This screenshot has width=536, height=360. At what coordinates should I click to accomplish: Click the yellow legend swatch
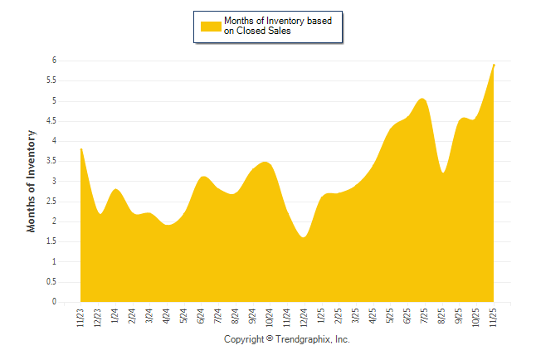point(211,26)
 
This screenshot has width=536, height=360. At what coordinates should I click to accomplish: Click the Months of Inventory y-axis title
point(32,180)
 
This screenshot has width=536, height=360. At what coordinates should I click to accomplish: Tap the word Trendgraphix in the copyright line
point(304,340)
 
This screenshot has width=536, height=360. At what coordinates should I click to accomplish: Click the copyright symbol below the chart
point(270,340)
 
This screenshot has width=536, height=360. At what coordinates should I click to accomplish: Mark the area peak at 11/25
point(495,65)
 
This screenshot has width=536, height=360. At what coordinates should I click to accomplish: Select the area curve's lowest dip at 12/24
point(305,237)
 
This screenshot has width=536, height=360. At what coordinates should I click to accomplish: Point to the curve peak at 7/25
point(423,99)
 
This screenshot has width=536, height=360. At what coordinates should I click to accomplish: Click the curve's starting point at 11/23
point(80,148)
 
